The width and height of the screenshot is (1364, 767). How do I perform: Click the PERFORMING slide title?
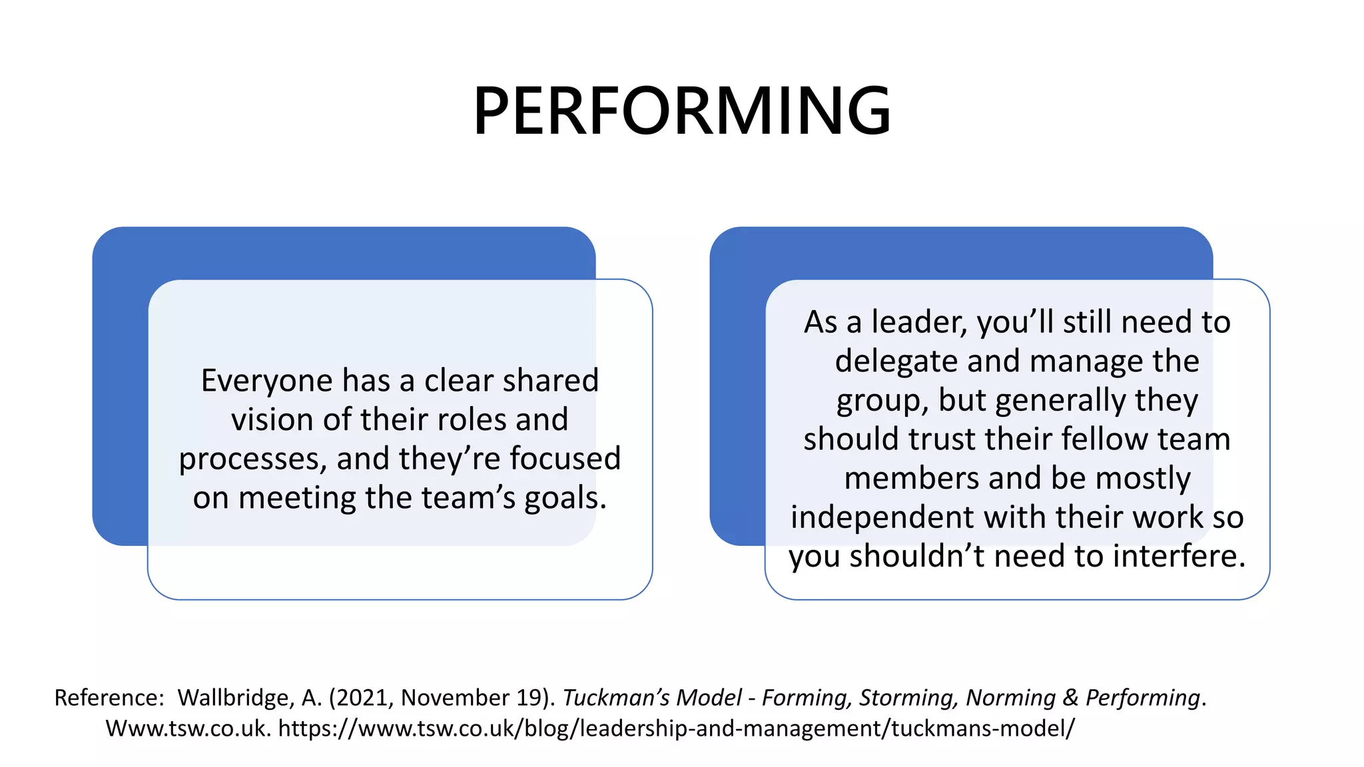pyautogui.click(x=681, y=111)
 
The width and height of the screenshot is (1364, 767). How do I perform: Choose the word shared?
pyautogui.click(x=551, y=381)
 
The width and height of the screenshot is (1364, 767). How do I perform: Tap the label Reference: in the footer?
pyautogui.click(x=109, y=698)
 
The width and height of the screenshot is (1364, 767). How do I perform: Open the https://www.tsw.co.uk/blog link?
pyautogui.click(x=676, y=728)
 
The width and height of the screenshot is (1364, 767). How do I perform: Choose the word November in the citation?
pyautogui.click(x=455, y=698)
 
